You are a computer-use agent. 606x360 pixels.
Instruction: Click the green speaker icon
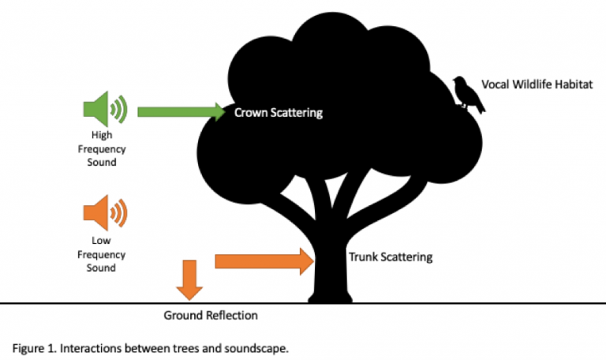104,110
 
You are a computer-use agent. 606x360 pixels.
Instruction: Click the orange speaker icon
104,212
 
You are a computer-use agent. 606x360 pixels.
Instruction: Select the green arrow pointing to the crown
181,112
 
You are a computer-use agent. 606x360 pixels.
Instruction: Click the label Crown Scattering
279,113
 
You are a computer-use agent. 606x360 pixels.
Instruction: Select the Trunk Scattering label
391,257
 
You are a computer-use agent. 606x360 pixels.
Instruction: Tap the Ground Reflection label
211,316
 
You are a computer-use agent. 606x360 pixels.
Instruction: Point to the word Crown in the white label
251,113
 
